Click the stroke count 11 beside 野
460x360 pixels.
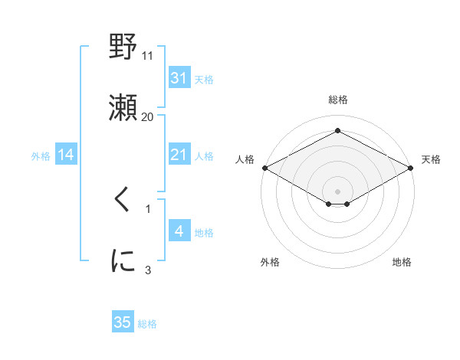coord(148,56)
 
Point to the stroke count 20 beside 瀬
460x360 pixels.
coord(148,117)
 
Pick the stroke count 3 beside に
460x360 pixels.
coord(148,270)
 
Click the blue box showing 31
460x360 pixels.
coord(179,78)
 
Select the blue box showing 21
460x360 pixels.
coord(179,155)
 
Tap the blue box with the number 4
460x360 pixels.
coord(179,231)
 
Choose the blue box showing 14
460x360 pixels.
coord(66,155)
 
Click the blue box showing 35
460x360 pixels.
coord(123,322)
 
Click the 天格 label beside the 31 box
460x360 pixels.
coord(204,79)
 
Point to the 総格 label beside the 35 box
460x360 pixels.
coord(147,324)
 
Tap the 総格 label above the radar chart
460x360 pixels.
coord(338,100)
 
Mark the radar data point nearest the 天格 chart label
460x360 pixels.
coord(412,167)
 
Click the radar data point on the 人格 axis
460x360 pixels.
coord(264,167)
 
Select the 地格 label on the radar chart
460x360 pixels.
coord(402,262)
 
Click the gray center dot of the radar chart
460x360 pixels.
coord(338,191)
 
